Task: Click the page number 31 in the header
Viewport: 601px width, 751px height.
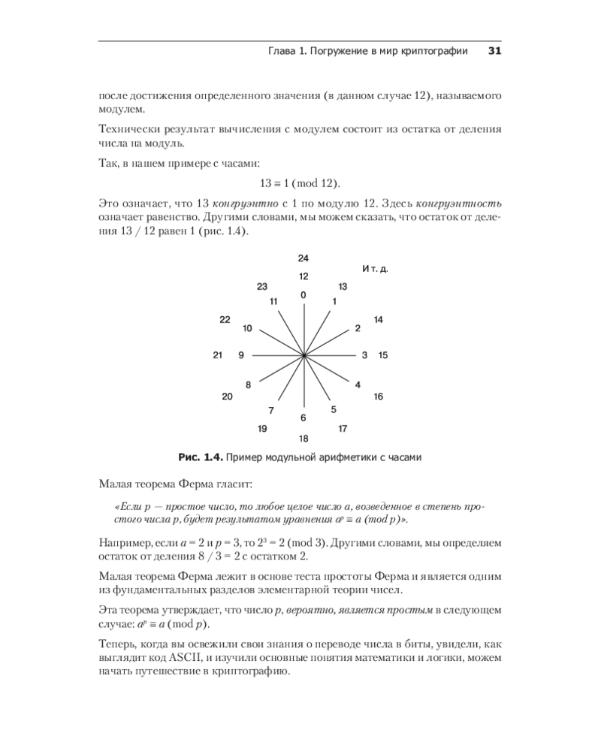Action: [x=494, y=51]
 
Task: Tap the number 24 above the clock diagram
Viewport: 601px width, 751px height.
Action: [x=303, y=259]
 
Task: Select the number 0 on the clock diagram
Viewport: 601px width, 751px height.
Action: [x=303, y=295]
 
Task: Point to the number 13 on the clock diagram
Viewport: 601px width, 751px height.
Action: [x=343, y=287]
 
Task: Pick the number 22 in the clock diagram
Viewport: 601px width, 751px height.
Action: [x=225, y=320]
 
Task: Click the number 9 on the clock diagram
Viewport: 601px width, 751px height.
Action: [x=240, y=354]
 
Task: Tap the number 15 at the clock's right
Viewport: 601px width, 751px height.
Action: [x=382, y=354]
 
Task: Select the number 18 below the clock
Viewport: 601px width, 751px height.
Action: [x=303, y=438]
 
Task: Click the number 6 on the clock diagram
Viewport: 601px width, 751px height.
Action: [x=303, y=418]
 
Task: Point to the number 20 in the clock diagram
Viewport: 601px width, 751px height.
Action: [x=227, y=396]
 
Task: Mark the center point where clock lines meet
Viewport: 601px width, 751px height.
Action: [x=304, y=354]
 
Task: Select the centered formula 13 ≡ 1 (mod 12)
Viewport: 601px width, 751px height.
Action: [x=300, y=183]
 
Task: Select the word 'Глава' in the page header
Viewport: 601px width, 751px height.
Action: [x=282, y=51]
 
